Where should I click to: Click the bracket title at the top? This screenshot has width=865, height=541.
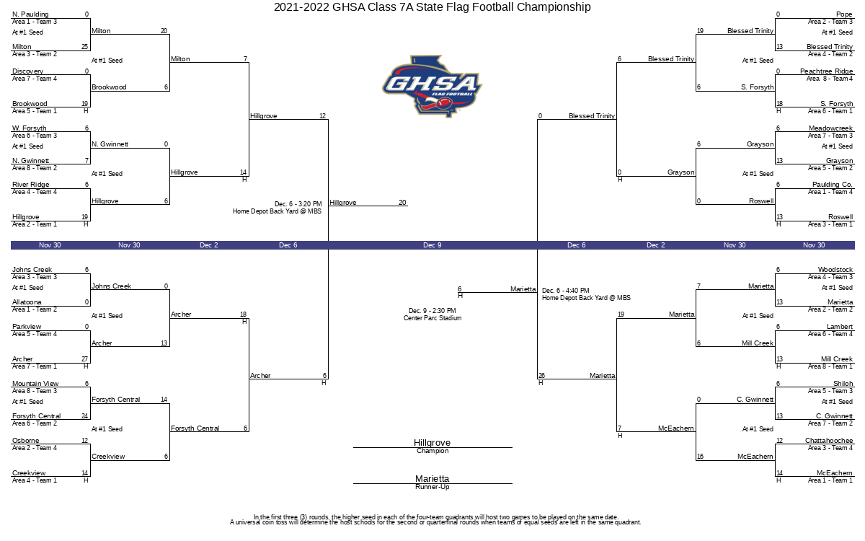[432, 7]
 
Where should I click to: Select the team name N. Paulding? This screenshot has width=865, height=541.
[30, 14]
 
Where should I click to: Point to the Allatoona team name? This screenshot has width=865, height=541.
[27, 302]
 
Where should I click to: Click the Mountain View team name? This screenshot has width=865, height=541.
[35, 384]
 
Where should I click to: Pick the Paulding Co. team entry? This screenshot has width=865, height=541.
[832, 185]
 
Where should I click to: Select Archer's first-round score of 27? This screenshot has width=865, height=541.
[85, 359]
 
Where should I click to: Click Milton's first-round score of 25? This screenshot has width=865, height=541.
[85, 47]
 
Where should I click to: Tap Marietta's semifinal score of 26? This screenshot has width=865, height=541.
[541, 376]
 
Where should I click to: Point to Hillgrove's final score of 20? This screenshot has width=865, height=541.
[402, 203]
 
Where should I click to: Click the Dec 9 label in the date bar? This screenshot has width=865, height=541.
[432, 245]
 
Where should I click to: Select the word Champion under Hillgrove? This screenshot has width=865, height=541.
[432, 452]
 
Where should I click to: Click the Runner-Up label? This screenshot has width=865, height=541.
[432, 488]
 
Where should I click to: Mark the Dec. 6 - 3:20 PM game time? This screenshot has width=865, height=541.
[298, 204]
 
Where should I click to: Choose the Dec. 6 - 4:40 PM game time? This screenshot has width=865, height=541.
[566, 291]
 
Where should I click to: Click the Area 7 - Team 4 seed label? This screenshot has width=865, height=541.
[35, 79]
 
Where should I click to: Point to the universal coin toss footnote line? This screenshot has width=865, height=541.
[435, 522]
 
